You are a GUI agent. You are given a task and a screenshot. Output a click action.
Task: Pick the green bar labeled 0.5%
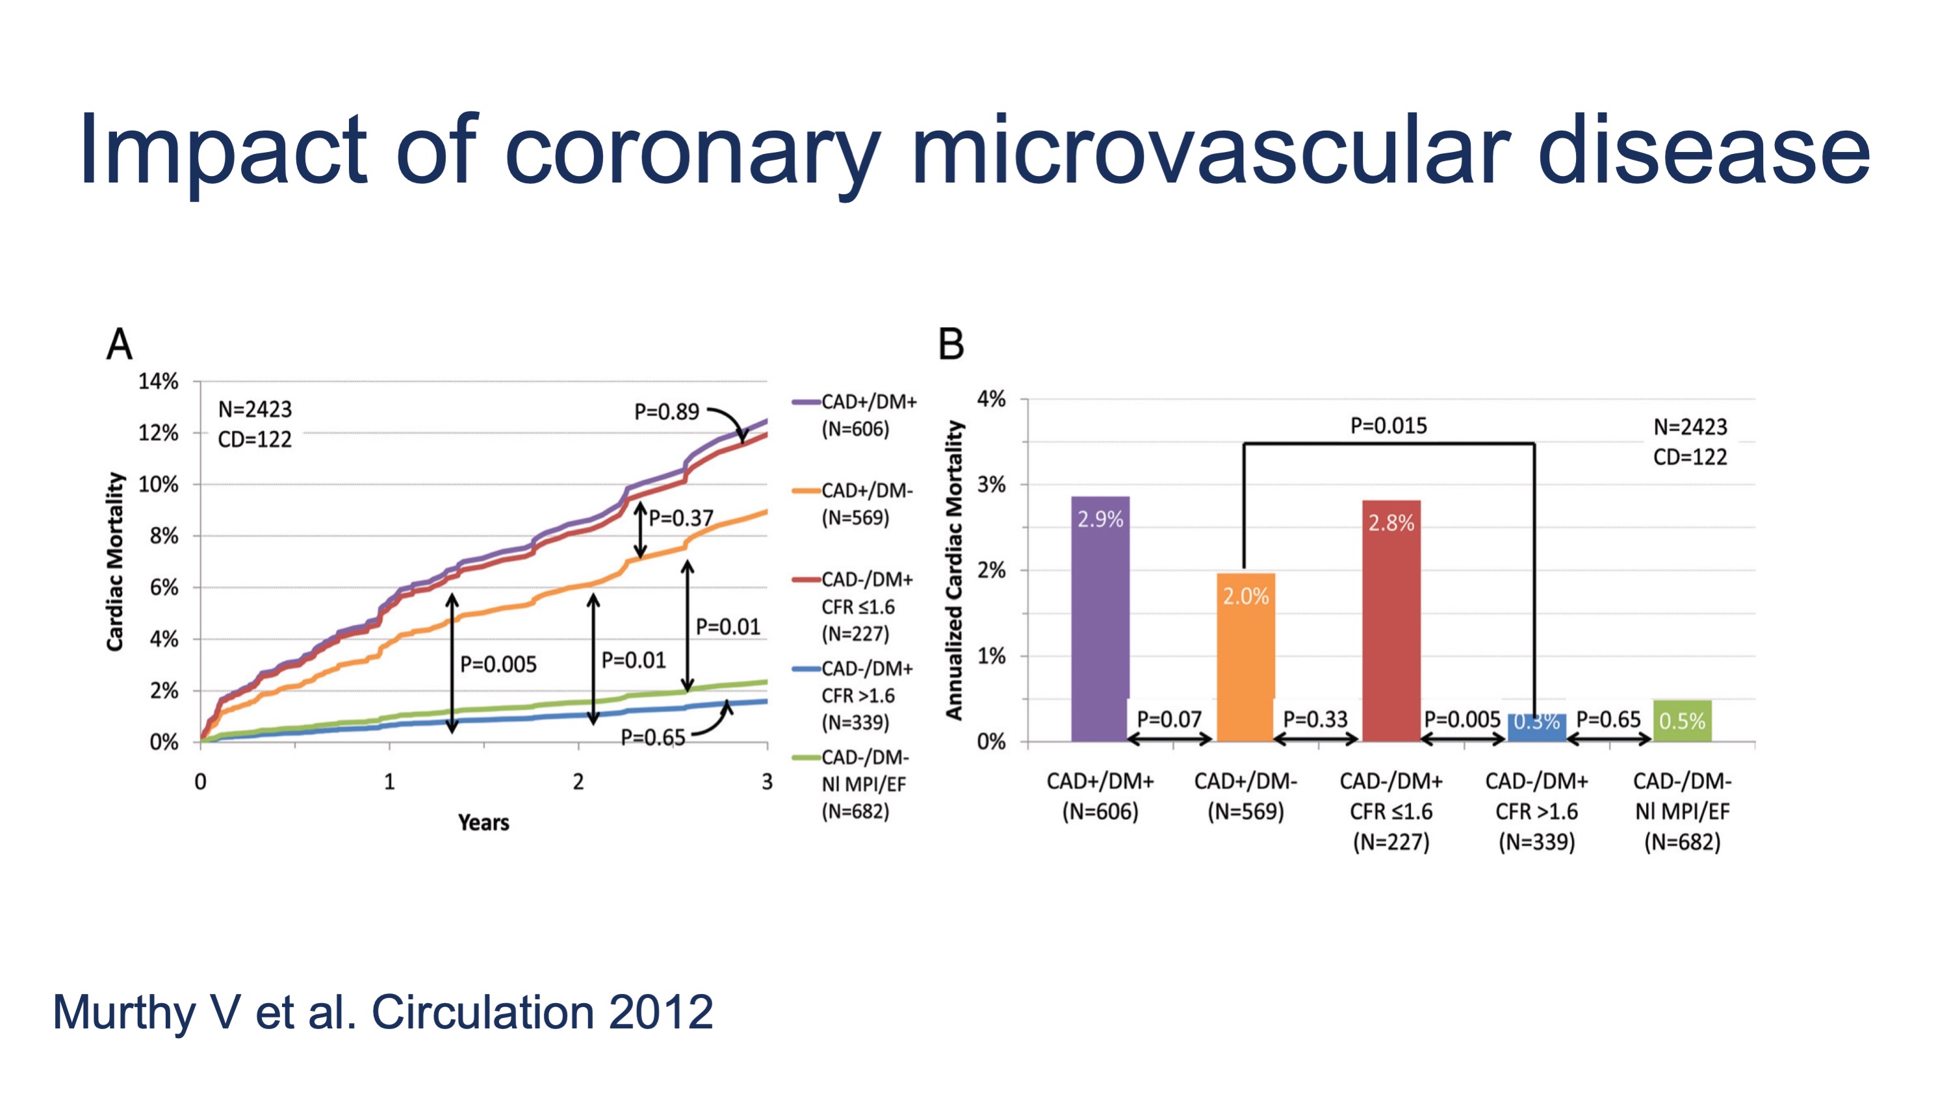1682,720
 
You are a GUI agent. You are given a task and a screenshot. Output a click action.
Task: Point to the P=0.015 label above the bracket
1388,426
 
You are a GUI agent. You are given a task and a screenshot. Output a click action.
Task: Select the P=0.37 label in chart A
681,518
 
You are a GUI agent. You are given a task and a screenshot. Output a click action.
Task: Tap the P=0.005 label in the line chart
498,664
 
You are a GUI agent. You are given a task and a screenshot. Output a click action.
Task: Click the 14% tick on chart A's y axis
158,381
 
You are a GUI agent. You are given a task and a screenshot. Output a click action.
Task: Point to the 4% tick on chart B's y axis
991,399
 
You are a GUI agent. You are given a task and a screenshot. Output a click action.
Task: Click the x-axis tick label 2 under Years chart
578,782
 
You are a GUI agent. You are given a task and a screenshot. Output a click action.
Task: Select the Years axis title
484,822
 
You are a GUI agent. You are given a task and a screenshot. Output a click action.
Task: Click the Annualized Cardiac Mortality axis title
954,570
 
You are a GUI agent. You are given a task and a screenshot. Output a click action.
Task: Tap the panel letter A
120,345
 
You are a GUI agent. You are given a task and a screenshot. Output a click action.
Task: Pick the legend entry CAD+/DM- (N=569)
866,503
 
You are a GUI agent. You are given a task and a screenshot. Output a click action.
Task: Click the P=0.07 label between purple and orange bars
1169,719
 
